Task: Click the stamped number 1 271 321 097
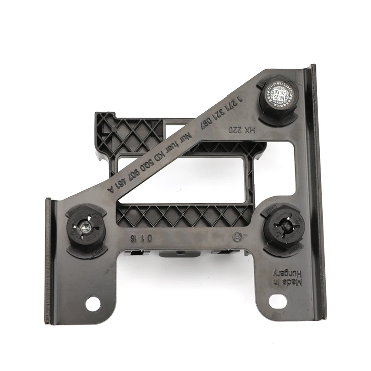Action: [x=221, y=112]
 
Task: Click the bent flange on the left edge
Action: [x=48, y=260]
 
